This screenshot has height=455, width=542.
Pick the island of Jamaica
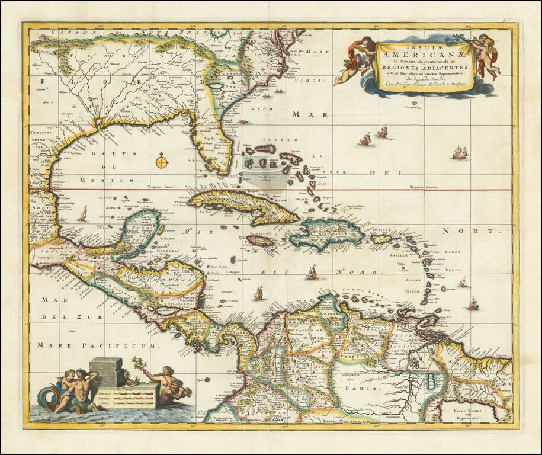260,241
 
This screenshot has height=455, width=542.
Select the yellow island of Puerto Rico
381,239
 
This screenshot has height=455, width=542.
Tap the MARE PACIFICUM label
95,344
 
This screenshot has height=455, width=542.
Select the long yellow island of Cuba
243,205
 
